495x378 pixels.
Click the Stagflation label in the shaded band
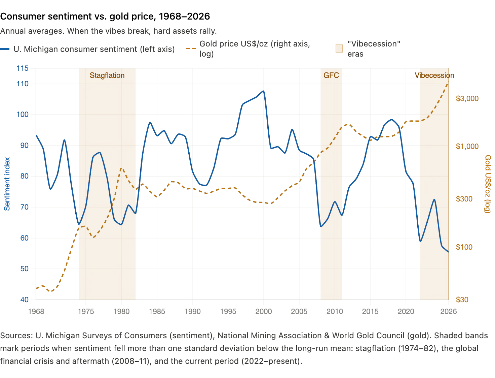point(107,75)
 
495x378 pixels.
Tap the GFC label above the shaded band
point(331,75)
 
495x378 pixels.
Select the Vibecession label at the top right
point(434,75)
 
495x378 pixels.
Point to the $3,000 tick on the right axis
point(467,98)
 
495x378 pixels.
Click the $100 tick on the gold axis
point(464,247)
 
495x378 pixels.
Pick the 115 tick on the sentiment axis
point(23,68)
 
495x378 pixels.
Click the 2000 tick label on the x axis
point(263,311)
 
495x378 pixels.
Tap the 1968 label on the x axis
point(36,311)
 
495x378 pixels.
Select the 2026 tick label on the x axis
point(448,311)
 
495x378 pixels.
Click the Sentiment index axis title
point(7,184)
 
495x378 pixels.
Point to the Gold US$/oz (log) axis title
point(488,184)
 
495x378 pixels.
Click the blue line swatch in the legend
point(5,49)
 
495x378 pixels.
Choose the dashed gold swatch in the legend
point(191,49)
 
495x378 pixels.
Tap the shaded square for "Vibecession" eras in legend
point(339,49)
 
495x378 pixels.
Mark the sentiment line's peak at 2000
point(263,91)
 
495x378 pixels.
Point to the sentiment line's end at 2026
point(448,252)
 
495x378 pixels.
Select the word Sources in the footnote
point(16,336)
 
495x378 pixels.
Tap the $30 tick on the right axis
point(462,300)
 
